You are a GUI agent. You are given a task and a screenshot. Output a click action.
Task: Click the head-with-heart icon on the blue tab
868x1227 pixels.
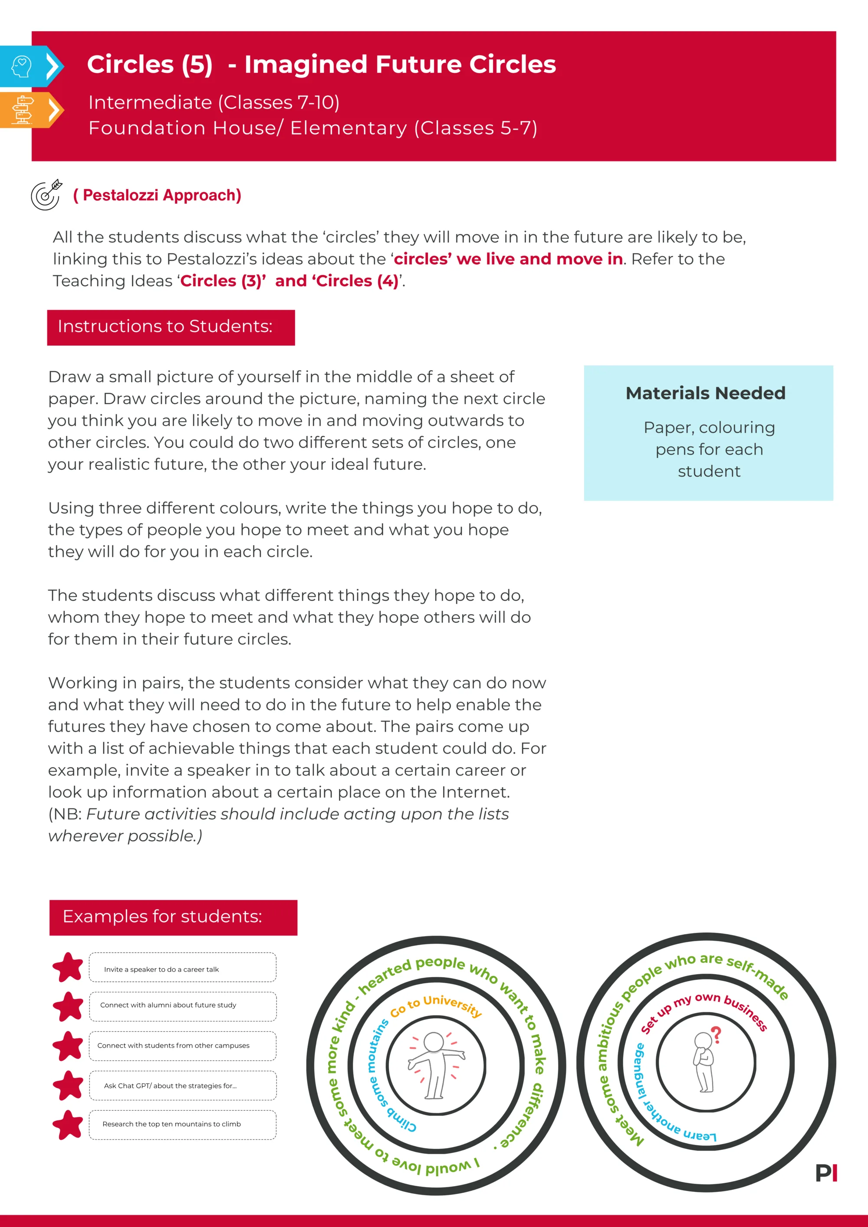click(x=21, y=67)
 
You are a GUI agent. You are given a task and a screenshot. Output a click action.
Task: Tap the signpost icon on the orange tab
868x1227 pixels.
click(x=23, y=110)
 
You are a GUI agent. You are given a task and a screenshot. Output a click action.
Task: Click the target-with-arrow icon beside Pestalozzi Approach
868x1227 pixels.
click(x=46, y=195)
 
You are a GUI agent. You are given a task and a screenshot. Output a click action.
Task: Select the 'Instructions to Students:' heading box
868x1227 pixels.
click(x=171, y=327)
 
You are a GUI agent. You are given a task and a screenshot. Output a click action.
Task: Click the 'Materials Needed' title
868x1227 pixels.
click(x=705, y=393)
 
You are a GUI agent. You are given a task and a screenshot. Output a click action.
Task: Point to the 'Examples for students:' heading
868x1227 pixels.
click(x=173, y=917)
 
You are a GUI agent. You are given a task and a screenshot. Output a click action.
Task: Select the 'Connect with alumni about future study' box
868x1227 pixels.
click(x=182, y=1005)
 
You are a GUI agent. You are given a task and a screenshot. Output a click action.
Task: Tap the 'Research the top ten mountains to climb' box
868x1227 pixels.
click(x=182, y=1124)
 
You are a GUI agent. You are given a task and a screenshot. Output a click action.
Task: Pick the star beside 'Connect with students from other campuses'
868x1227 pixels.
click(x=68, y=1046)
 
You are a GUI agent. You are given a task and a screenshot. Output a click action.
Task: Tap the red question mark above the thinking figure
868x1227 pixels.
click(x=717, y=1034)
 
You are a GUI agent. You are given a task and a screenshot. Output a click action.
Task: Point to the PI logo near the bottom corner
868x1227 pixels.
click(x=826, y=1173)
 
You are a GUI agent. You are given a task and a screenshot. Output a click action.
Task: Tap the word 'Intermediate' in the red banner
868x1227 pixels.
click(x=150, y=103)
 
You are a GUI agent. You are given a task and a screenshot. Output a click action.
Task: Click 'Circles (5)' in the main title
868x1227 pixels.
click(x=150, y=65)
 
